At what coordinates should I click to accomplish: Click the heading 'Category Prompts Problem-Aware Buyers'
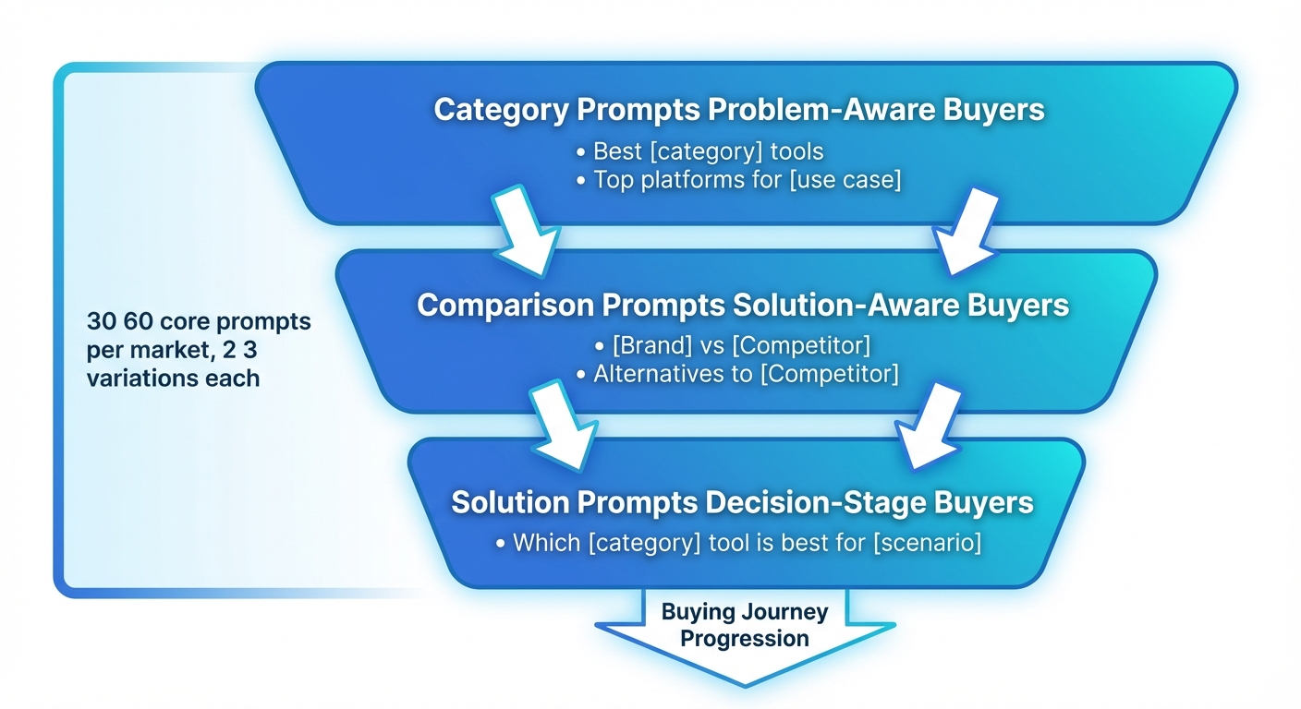tap(739, 110)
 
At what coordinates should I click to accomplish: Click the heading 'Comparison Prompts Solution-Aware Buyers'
tap(743, 306)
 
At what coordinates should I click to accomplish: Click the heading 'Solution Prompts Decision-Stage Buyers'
tap(742, 503)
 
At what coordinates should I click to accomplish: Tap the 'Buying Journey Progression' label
tap(744, 624)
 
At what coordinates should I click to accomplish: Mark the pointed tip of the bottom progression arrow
tap(744, 684)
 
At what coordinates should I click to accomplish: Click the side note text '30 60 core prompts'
tap(199, 322)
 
